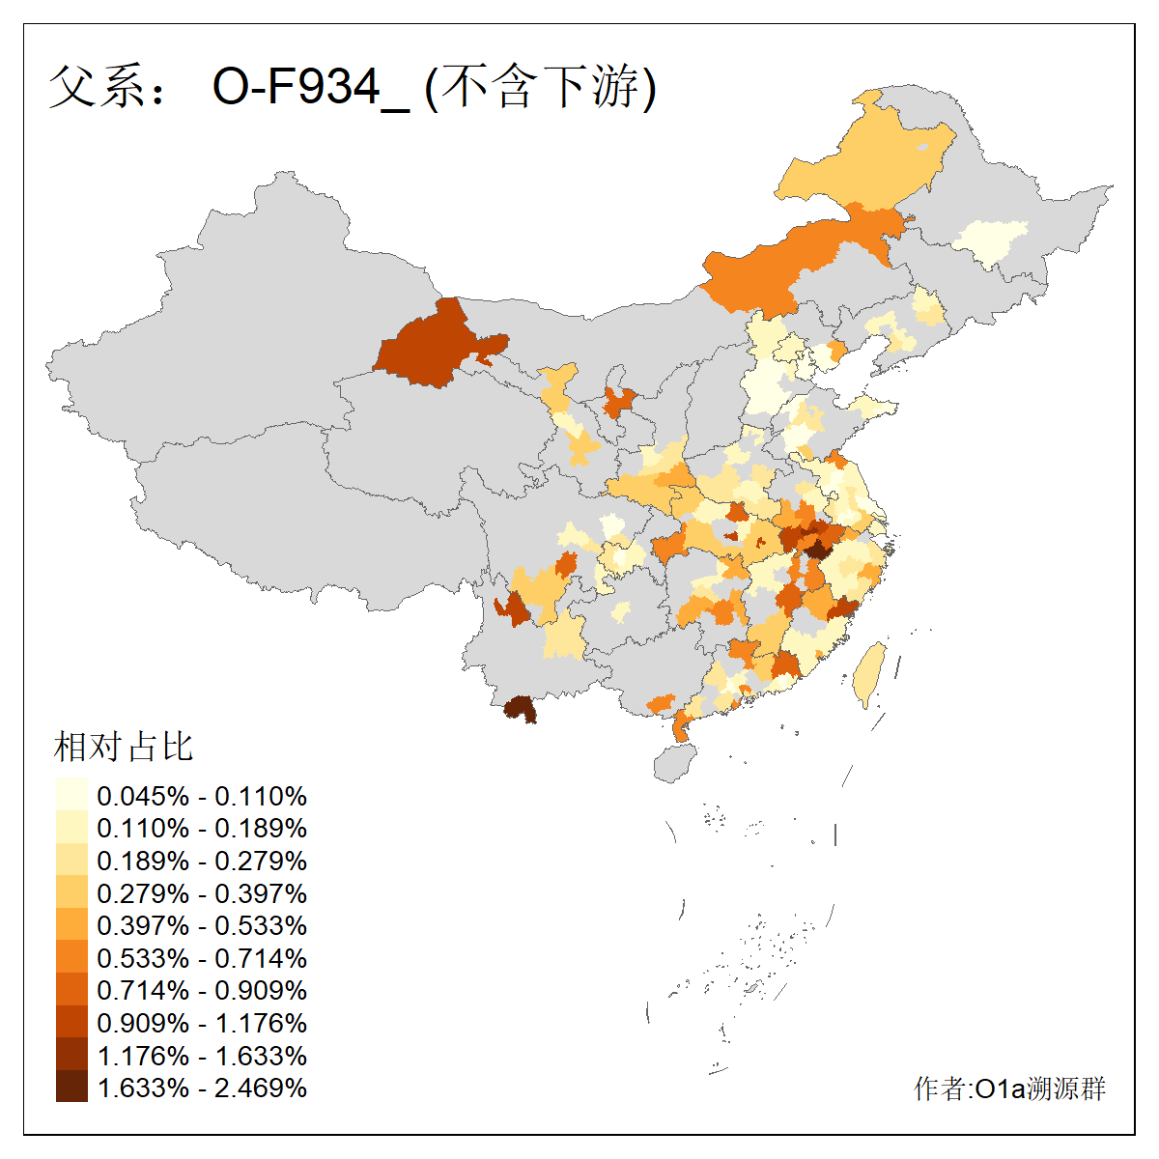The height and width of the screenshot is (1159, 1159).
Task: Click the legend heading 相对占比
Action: click(124, 747)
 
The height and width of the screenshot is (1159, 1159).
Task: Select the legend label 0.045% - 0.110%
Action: click(202, 796)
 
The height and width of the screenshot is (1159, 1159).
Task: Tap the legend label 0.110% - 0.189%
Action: click(202, 829)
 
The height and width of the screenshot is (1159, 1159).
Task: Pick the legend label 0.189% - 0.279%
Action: click(202, 861)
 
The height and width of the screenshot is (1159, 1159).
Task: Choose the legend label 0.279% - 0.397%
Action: click(202, 893)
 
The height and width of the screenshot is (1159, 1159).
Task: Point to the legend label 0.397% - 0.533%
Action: click(202, 925)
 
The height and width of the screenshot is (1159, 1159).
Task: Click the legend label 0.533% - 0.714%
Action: click(202, 958)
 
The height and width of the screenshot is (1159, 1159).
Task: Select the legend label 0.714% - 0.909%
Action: click(202, 990)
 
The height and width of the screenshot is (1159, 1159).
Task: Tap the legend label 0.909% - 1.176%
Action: click(202, 1023)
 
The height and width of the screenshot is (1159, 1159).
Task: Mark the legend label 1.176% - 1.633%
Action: click(202, 1056)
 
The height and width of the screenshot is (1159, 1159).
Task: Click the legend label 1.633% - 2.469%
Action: click(202, 1088)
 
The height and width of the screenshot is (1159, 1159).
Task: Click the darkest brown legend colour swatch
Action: click(71, 1088)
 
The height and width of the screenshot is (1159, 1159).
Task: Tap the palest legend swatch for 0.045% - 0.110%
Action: click(71, 796)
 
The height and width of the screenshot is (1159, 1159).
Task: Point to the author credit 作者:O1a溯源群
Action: click(1009, 1088)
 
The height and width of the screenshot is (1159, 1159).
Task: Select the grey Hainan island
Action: click(675, 763)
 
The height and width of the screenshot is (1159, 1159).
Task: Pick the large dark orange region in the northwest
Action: click(430, 348)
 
